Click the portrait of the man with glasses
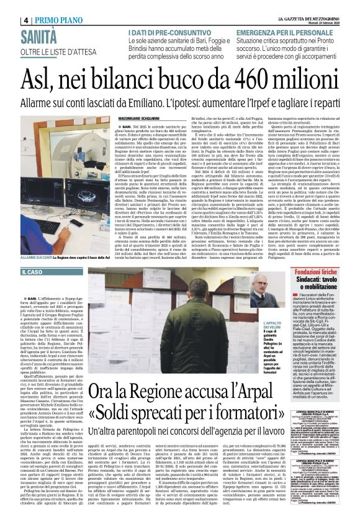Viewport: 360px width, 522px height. [x=259, y=292]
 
